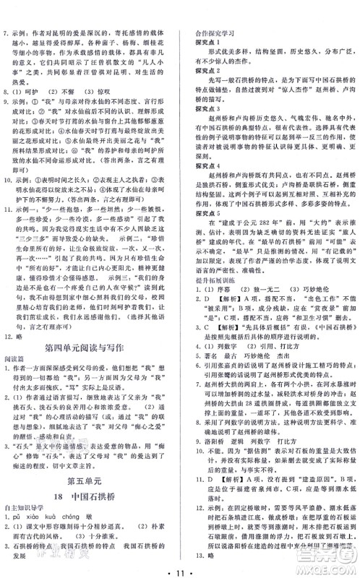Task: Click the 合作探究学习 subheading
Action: pyautogui.click(x=210, y=12)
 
